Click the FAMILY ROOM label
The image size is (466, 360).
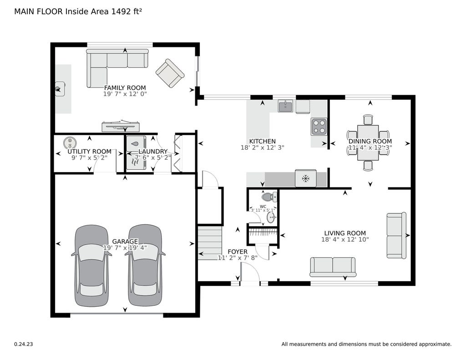tap(125, 88)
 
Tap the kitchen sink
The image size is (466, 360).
tap(285, 106)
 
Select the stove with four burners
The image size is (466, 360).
tap(319, 127)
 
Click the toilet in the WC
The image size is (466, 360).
tap(269, 197)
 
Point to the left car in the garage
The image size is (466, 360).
tap(91, 265)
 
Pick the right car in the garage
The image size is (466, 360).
tap(145, 265)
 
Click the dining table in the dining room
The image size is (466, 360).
tap(368, 143)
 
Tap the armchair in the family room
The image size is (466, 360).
tap(170, 73)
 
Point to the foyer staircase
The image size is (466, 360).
tap(210, 243)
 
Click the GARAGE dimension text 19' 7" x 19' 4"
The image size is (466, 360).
tap(125, 248)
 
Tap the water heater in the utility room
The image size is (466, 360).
tap(70, 142)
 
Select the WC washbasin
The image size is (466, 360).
tap(271, 217)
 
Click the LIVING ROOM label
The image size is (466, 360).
tap(345, 233)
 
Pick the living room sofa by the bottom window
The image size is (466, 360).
tap(333, 267)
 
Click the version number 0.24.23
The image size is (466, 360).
tap(24, 344)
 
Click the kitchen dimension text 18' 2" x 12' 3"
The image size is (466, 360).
tap(263, 147)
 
